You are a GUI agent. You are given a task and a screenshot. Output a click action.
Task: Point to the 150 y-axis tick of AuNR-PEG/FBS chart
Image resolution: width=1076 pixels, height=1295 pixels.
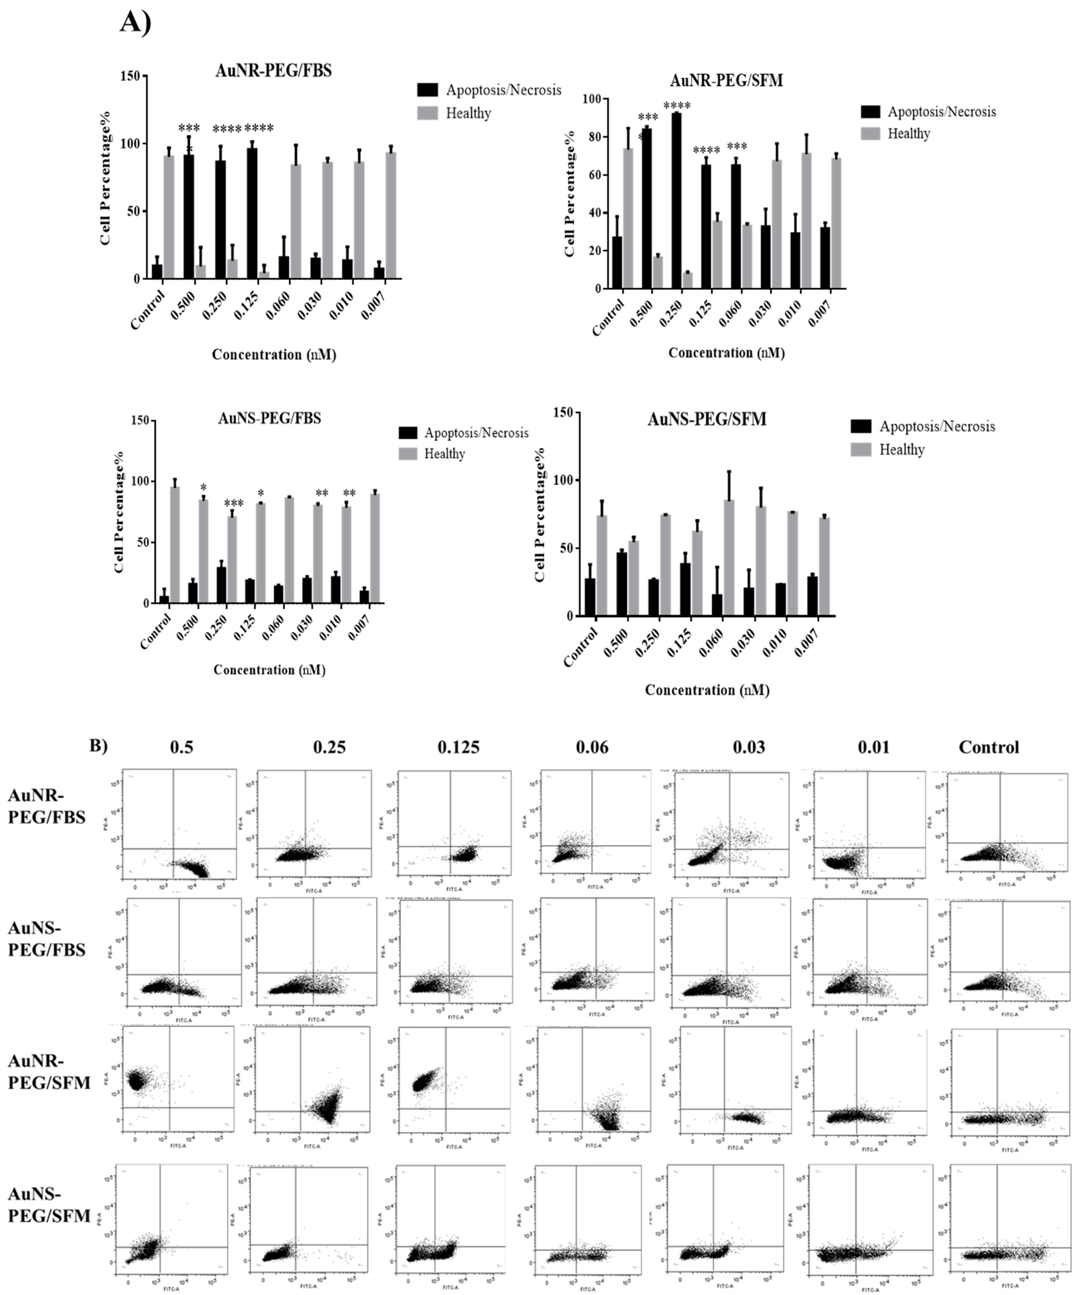pyautogui.click(x=134, y=76)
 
